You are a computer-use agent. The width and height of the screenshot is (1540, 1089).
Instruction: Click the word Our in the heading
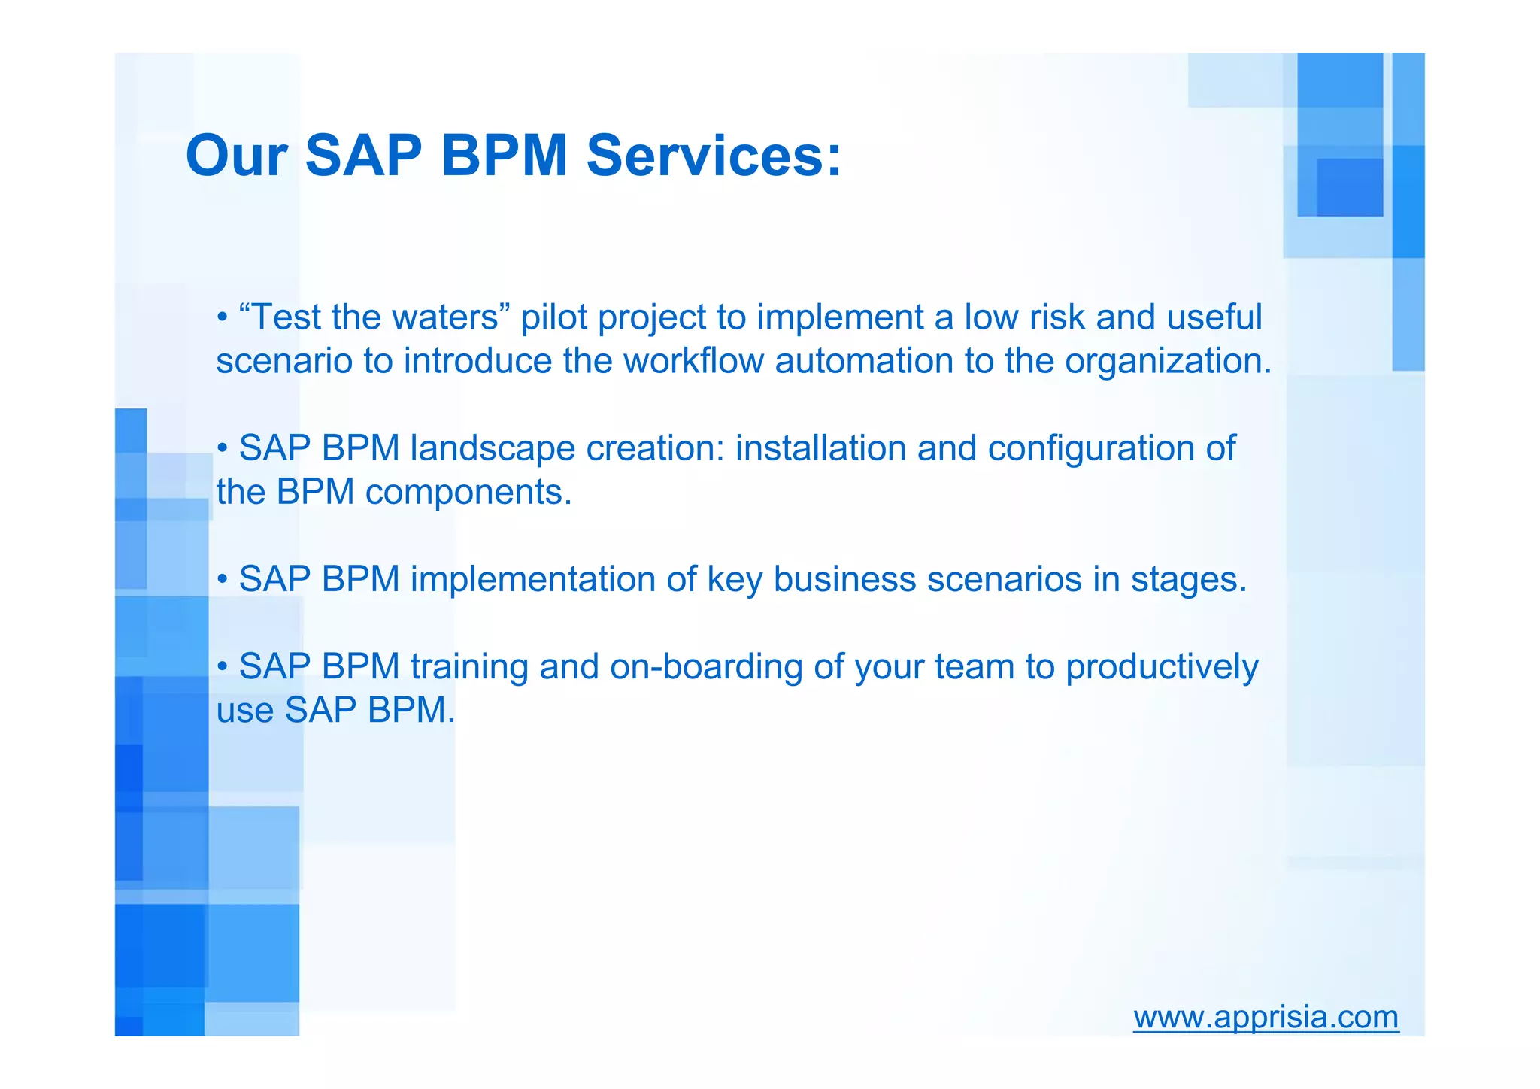click(x=236, y=156)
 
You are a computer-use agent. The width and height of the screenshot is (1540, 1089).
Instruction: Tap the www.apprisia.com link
click(x=1266, y=1017)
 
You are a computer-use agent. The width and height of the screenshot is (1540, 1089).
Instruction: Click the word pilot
click(x=553, y=317)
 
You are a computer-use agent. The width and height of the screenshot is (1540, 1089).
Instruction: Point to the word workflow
click(x=693, y=361)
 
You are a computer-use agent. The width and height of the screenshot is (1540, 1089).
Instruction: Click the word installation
click(x=820, y=449)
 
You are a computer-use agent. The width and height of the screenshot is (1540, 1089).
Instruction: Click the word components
click(x=468, y=493)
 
